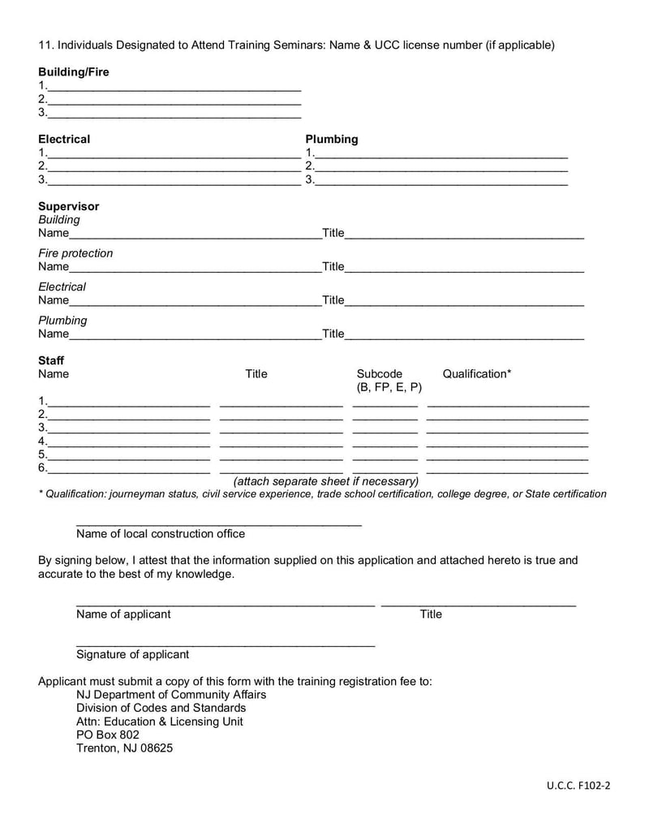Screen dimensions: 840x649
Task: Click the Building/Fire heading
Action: point(73,72)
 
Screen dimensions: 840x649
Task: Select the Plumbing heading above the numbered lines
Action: point(331,139)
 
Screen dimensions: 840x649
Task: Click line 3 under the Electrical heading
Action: point(174,181)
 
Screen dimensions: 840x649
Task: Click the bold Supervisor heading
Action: point(68,206)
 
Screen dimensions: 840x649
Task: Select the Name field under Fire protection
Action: point(195,268)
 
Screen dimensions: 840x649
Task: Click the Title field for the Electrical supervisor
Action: point(464,301)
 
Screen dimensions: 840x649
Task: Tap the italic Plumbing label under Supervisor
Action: point(62,321)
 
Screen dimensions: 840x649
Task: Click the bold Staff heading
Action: point(51,360)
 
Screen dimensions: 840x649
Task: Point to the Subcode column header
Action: point(380,374)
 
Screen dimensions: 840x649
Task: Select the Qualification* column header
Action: point(477,374)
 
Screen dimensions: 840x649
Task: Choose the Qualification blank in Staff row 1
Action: point(508,403)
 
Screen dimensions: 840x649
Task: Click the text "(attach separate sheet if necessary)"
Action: point(326,481)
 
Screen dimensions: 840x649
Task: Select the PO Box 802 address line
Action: point(108,734)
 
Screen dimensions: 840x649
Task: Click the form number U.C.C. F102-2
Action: point(578,786)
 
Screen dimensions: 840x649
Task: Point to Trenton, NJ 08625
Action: point(124,748)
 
